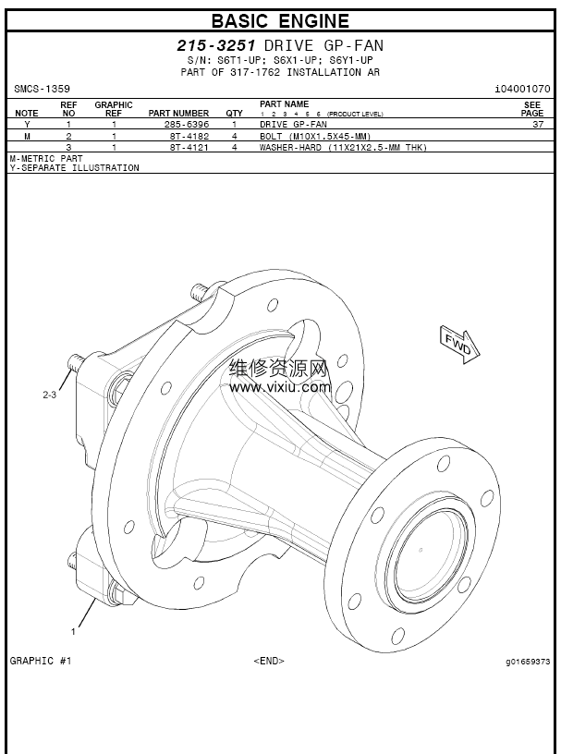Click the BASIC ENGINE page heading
point(280,20)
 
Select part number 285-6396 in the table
point(186,124)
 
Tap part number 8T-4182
point(186,135)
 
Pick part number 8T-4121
point(186,147)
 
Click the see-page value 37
point(537,124)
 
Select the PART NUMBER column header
point(178,114)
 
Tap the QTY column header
point(235,114)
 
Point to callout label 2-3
point(50,395)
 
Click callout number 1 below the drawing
point(73,632)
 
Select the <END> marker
point(268,661)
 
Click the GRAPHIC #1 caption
point(41,661)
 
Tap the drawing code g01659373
point(528,662)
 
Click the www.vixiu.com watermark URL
point(281,387)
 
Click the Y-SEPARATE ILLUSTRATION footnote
point(75,168)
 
